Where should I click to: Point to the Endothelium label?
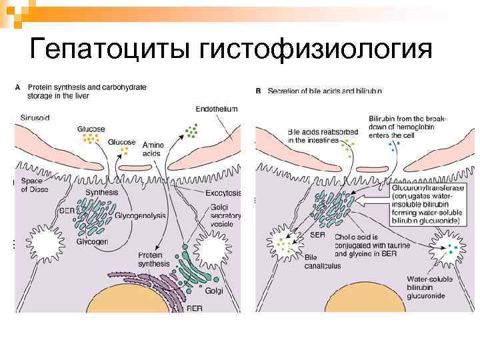tap(216, 109)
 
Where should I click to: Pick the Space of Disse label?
tap(34, 185)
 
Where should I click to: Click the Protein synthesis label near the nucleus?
tap(154, 259)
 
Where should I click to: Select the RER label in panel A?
tap(195, 308)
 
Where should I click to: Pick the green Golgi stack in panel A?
tap(197, 267)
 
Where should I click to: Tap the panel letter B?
tap(258, 91)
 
